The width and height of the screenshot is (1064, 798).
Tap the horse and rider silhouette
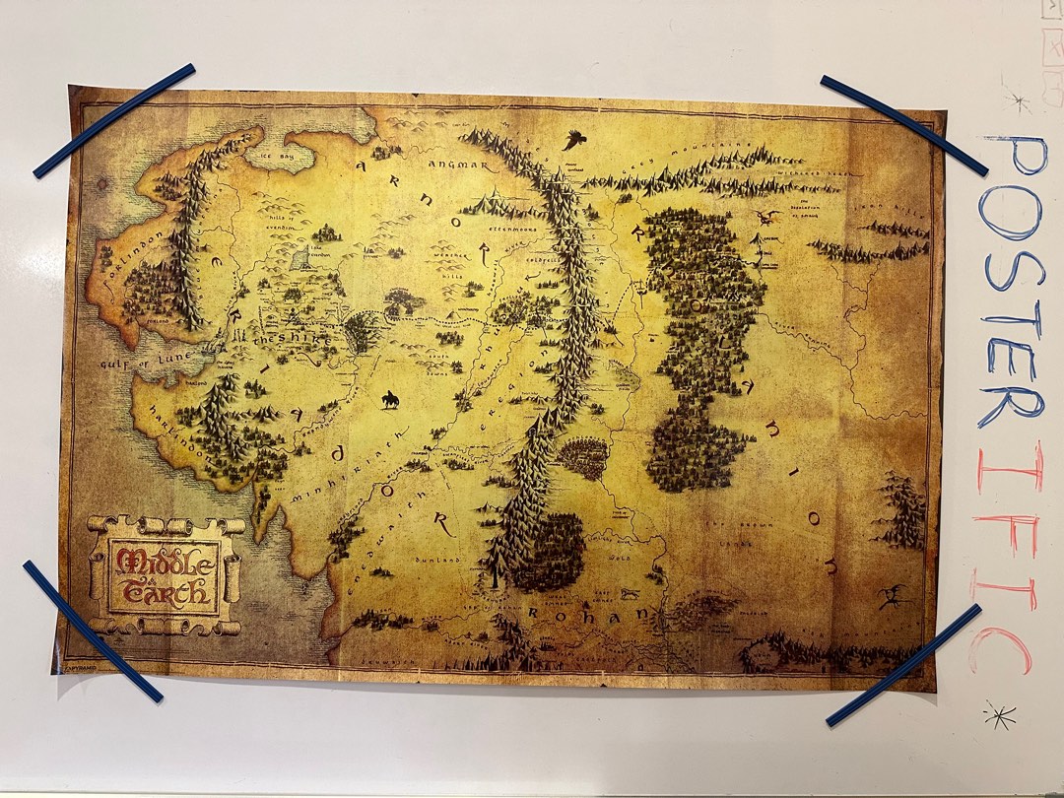tap(391, 400)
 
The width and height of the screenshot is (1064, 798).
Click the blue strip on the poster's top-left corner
tap(114, 120)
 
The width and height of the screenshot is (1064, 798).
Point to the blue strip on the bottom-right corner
tap(904, 666)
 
